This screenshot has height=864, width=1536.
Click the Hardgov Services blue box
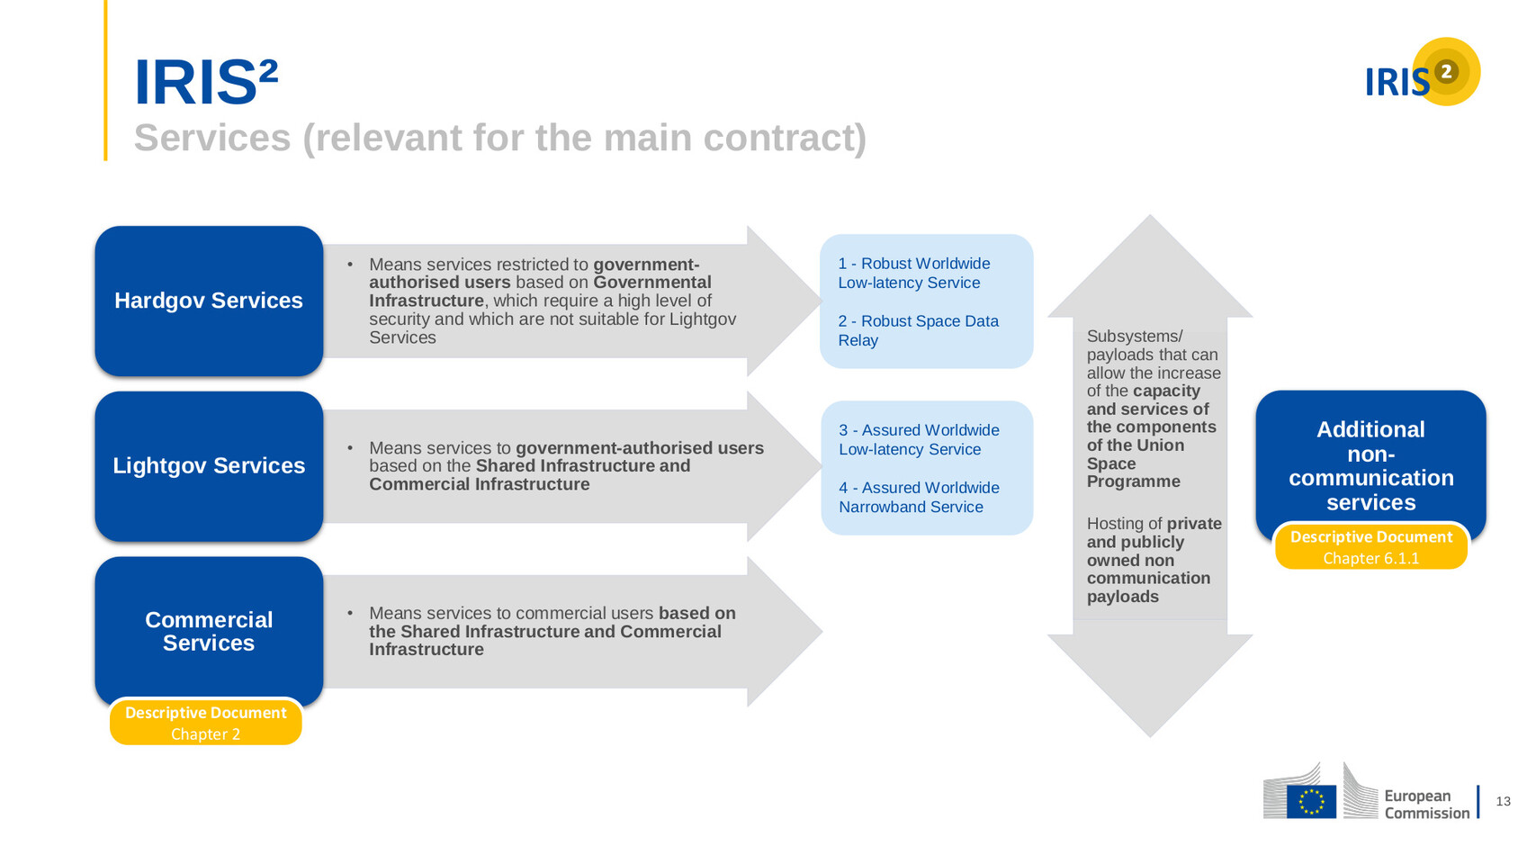[x=209, y=301]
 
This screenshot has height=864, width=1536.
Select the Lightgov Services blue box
[x=209, y=466]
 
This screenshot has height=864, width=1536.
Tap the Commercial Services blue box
[x=209, y=632]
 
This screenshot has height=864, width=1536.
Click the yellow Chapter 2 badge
[x=206, y=722]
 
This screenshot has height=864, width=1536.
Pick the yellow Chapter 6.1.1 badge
[x=1371, y=546]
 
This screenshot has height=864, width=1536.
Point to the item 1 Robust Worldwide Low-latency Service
[x=914, y=273]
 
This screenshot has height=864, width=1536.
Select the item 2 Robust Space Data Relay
[x=918, y=330]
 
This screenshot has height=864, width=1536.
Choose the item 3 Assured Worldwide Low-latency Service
[x=919, y=439]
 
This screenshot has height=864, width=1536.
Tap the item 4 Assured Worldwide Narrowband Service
[x=919, y=497]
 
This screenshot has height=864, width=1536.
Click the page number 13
[x=1503, y=801]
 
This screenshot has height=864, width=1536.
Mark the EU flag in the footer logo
[x=1311, y=802]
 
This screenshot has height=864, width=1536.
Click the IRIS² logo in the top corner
[x=1422, y=73]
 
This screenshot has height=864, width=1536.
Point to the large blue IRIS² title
[x=206, y=82]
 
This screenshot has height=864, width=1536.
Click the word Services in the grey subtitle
[x=212, y=138]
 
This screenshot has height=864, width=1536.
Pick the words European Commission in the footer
[x=1427, y=805]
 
